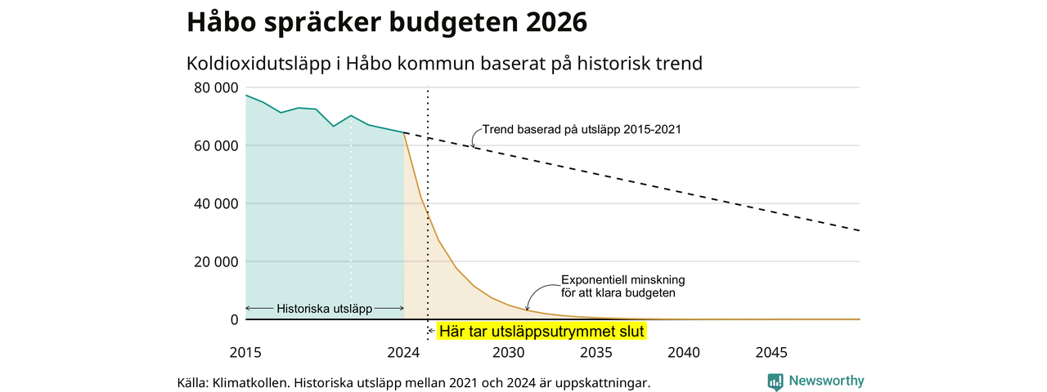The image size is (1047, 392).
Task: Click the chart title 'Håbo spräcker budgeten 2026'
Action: (387, 22)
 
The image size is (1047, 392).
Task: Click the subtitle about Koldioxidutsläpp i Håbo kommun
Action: (444, 64)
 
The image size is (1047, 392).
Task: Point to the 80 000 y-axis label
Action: (216, 87)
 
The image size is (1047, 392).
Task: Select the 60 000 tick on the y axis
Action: (216, 145)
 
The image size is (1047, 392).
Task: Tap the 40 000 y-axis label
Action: (216, 203)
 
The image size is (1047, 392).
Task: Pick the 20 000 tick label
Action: (216, 262)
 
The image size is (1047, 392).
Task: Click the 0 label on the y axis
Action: (234, 319)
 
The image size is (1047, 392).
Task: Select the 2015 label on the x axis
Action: (245, 352)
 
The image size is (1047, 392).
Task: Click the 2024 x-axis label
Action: (403, 352)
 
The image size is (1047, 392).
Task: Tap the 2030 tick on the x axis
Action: (509, 352)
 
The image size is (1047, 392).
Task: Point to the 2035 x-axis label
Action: (596, 352)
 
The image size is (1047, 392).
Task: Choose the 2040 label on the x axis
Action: (684, 352)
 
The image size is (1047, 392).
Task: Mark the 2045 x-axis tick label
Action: (771, 352)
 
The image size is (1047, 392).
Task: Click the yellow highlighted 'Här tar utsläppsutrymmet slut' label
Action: (541, 332)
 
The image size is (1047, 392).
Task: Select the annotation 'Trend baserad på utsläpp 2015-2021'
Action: (582, 129)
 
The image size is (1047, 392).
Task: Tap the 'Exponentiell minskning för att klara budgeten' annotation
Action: (622, 286)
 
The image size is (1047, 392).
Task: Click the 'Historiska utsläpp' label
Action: (325, 309)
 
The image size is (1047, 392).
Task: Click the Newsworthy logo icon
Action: (775, 381)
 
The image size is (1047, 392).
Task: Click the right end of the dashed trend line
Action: (860, 230)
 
